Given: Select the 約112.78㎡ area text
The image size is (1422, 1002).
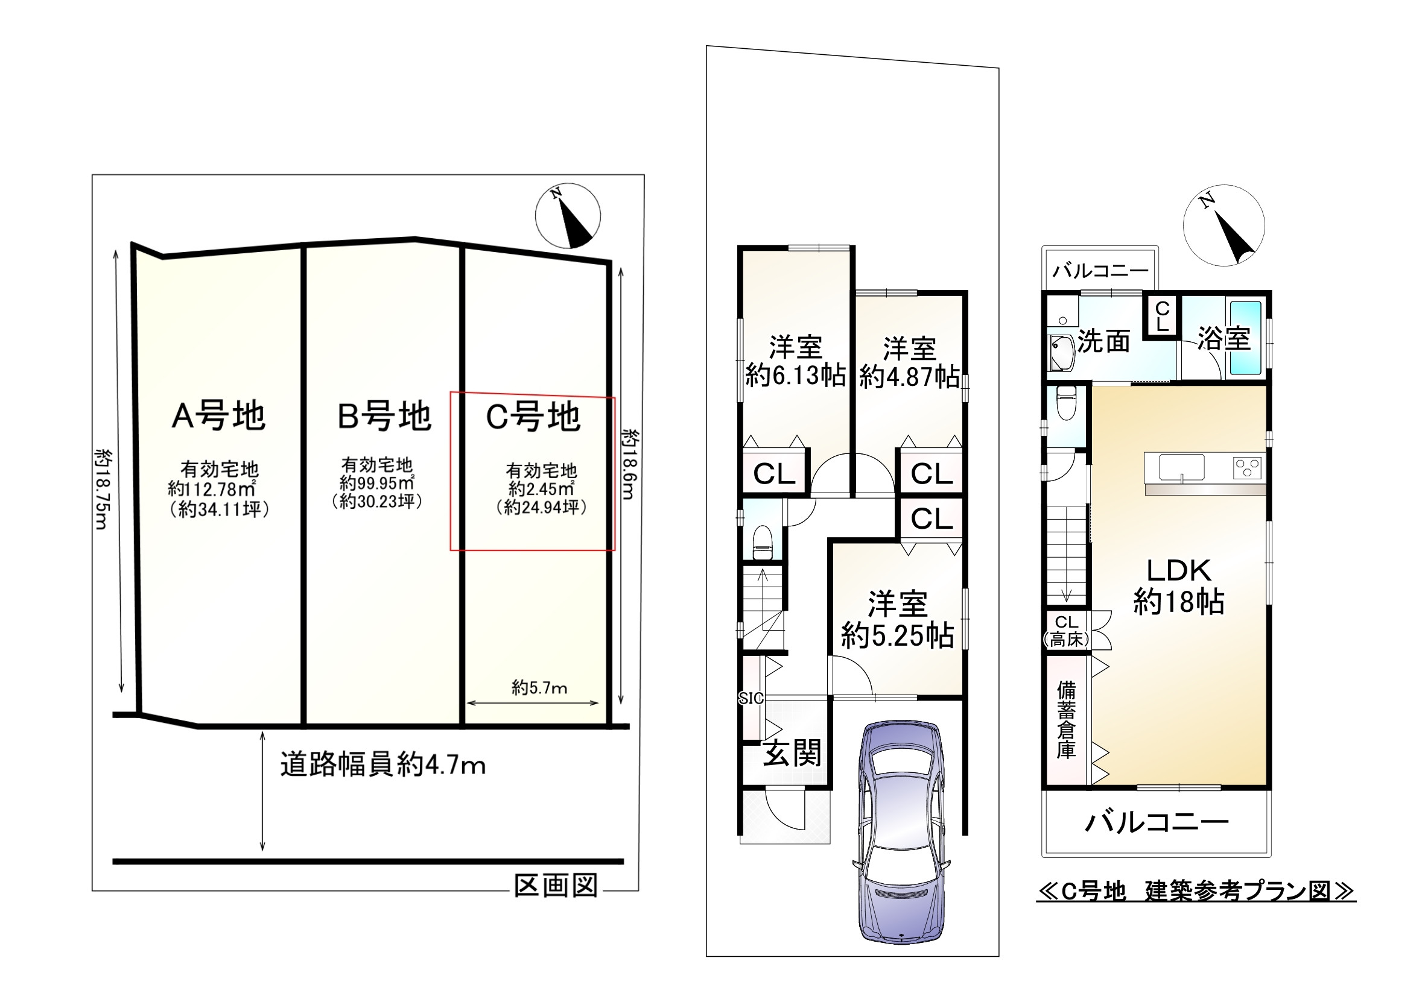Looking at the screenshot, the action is coord(212,489).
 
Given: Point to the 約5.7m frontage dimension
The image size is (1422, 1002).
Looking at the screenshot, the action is coord(539,688).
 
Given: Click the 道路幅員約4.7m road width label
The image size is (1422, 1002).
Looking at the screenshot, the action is coord(382,765).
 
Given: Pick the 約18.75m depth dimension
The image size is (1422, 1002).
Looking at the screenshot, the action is coord(102,489).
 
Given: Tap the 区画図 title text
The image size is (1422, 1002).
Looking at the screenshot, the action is coord(556,886).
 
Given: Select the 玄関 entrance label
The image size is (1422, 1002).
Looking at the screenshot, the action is coord(792,753).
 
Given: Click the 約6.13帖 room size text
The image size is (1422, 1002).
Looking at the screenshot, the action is coord(795,376).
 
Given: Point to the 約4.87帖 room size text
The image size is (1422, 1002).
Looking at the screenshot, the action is coord(909,377).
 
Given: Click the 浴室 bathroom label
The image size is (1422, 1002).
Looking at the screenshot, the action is coord(1224,339).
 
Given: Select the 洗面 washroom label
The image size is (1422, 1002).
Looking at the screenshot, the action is coord(1104,341).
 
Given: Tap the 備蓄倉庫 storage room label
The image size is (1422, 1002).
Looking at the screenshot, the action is coord(1066,720).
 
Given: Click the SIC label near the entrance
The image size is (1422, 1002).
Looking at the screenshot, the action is coord(751,699).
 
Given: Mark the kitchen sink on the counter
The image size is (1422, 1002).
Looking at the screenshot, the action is coord(1182,467).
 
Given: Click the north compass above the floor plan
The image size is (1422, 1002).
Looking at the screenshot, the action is coord(1224,225).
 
